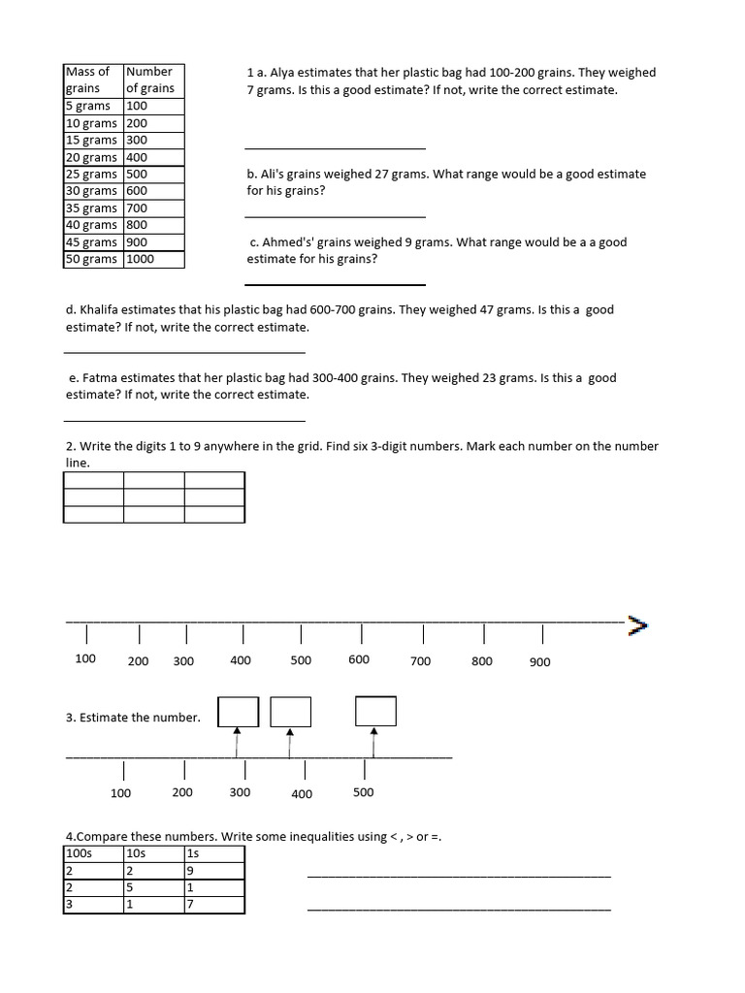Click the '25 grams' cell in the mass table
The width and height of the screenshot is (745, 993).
(91, 175)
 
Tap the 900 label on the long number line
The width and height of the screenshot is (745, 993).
(540, 662)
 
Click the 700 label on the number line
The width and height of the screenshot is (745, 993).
(420, 661)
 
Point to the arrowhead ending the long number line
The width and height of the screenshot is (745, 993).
(637, 624)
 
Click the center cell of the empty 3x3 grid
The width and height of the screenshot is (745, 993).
(154, 497)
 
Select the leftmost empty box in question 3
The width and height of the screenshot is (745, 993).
(239, 712)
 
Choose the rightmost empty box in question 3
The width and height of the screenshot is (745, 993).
(375, 711)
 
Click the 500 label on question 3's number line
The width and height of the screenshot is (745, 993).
(363, 792)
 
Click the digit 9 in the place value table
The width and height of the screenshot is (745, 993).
(191, 871)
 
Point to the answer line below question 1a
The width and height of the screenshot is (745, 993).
(335, 148)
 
